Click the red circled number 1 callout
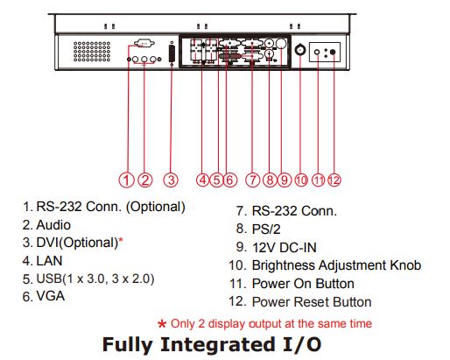point(126,180)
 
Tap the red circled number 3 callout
point(171,180)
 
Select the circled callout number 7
point(253,180)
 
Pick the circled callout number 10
point(301,180)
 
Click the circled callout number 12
point(334,180)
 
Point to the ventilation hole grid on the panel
point(92,52)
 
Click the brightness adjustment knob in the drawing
point(300,50)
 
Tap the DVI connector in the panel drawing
point(172,53)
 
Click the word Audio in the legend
point(53,225)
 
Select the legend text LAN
point(49,261)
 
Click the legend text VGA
point(50,296)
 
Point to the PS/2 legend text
point(266,229)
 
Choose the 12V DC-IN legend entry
point(285,248)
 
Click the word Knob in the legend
point(405,265)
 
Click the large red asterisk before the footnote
point(162,324)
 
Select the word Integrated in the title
point(218,344)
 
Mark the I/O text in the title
point(302,344)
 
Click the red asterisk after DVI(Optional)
point(121,241)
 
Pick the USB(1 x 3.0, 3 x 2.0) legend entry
point(95,279)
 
